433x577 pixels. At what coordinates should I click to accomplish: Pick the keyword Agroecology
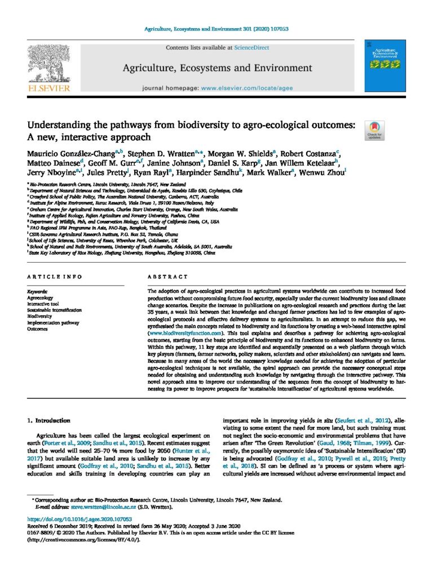[40, 298]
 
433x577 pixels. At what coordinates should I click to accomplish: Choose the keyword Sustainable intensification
[55, 310]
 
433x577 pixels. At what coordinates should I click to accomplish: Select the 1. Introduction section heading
[49, 420]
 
